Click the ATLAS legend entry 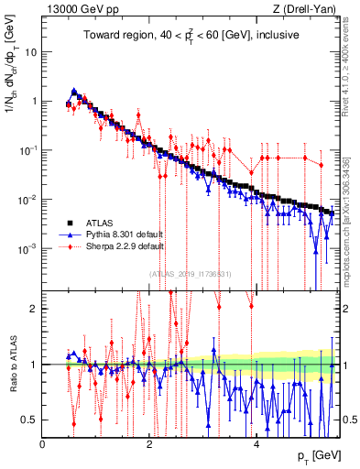pos(105,223)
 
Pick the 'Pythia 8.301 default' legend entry pos(126,234)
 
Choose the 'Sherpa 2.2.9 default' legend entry pos(126,246)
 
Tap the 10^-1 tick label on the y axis pos(27,150)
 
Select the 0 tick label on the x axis pos(43,443)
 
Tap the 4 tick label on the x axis pos(256,443)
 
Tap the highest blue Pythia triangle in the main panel pos(74,91)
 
